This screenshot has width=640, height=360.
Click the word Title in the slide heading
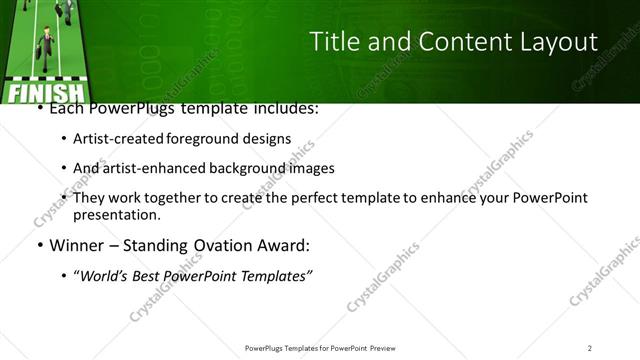coord(333,41)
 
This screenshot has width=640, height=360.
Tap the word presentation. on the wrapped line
coord(116,214)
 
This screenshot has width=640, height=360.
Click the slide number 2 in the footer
coord(589,347)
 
